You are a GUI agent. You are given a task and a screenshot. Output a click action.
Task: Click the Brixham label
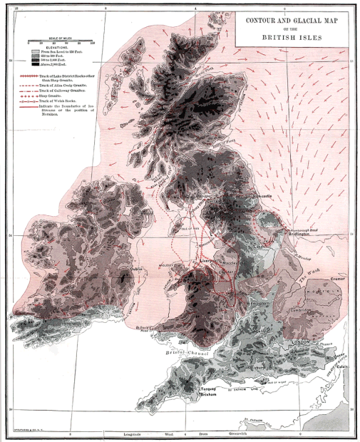pyautogui.click(x=207, y=394)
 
